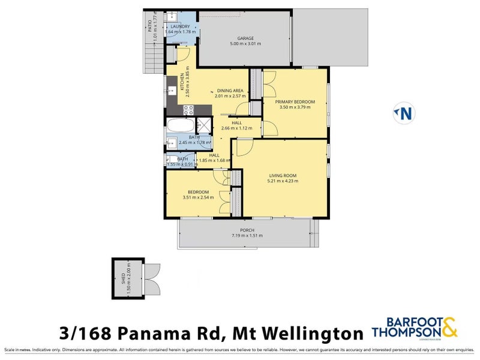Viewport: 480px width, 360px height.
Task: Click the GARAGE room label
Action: click(x=245, y=37)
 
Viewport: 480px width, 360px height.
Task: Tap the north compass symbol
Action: click(x=405, y=113)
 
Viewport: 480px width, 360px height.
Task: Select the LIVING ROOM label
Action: click(x=282, y=176)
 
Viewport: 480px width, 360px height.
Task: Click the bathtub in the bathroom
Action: click(x=181, y=127)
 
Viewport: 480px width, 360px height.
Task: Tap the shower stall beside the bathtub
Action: click(x=204, y=126)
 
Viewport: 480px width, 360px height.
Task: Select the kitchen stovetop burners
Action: click(x=188, y=110)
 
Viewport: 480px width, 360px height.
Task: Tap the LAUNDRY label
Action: click(x=180, y=27)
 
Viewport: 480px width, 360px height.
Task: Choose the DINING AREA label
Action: click(x=231, y=90)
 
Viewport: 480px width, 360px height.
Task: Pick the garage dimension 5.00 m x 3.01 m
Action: click(x=245, y=44)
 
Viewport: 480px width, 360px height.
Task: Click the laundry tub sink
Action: click(x=170, y=17)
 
